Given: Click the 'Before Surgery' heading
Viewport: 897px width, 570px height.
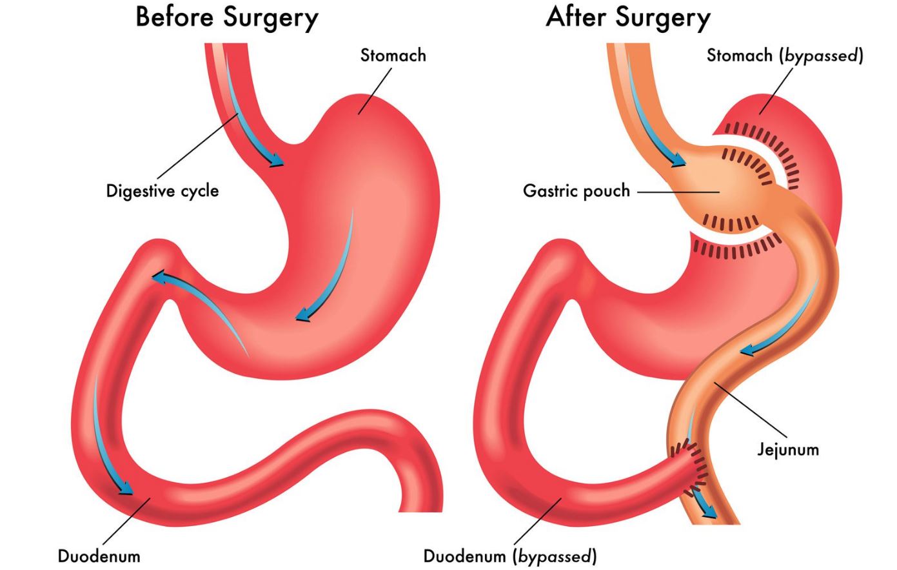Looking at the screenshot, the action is pos(226,19).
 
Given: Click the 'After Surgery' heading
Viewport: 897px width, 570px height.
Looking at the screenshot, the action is pos(628,19).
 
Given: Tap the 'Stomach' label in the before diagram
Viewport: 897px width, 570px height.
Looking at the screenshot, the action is pos(393,56).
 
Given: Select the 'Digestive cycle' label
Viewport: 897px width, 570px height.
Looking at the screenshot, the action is pos(163,191).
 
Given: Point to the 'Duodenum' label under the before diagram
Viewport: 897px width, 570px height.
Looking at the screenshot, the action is pos(99,556).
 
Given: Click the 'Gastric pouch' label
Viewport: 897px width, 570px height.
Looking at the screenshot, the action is pos(577,191).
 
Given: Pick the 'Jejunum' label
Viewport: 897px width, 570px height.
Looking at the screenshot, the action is pos(788,450).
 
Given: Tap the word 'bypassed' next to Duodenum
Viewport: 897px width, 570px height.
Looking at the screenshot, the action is pos(555,556).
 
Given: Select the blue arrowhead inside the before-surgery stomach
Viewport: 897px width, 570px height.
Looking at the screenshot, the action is pos(302,315).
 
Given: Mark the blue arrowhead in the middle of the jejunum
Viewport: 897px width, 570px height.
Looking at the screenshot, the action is pos(747,350).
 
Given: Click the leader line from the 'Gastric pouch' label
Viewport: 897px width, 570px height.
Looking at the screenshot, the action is pos(678,192).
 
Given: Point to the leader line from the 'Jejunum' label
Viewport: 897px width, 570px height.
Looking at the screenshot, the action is pos(751,410).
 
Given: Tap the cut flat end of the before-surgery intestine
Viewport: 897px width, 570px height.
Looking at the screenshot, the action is pos(420,511).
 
